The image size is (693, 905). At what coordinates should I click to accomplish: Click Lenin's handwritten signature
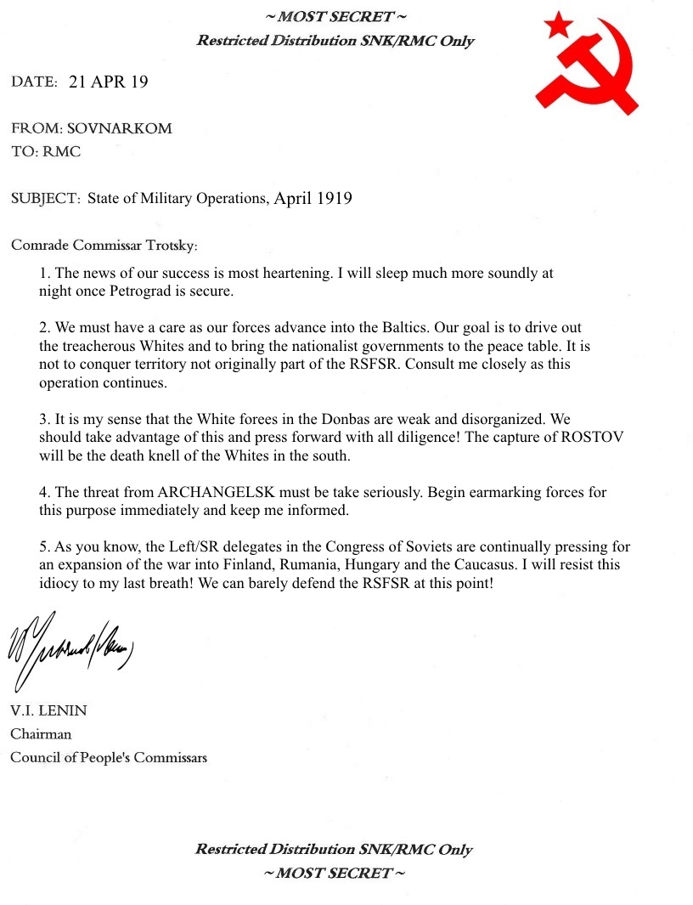(x=72, y=651)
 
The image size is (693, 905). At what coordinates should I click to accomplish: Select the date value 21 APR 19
(x=108, y=82)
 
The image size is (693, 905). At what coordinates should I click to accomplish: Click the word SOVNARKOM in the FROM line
(x=126, y=129)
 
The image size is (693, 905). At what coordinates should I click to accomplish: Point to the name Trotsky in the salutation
(x=169, y=246)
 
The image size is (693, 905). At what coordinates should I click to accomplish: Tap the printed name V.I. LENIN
(x=48, y=711)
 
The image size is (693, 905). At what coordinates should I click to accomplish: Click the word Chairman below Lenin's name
(x=41, y=733)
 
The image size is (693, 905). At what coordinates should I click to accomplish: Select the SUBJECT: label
(x=46, y=199)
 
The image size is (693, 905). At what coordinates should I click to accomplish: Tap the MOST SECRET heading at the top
(x=335, y=17)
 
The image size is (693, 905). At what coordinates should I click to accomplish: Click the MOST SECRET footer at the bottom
(x=335, y=873)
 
